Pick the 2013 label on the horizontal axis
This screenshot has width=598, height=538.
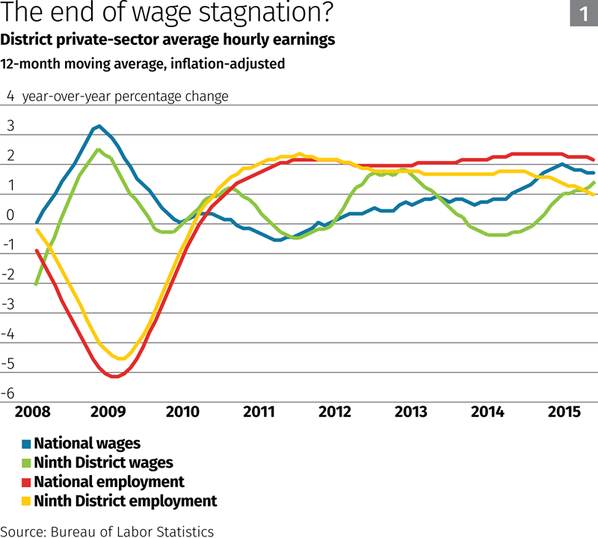click(412, 412)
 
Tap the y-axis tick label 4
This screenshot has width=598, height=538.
click(10, 96)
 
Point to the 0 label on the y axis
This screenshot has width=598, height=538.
click(10, 215)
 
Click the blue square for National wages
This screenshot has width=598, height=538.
click(26, 444)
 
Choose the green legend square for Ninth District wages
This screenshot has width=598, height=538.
click(26, 463)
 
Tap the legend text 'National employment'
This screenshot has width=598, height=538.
click(109, 482)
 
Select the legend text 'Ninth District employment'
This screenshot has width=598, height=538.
click(125, 501)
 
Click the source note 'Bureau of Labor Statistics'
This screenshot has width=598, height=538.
click(132, 531)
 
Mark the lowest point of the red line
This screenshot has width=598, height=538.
click(114, 376)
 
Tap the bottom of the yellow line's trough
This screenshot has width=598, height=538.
click(120, 358)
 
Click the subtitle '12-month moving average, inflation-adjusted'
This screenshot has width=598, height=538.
click(142, 64)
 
